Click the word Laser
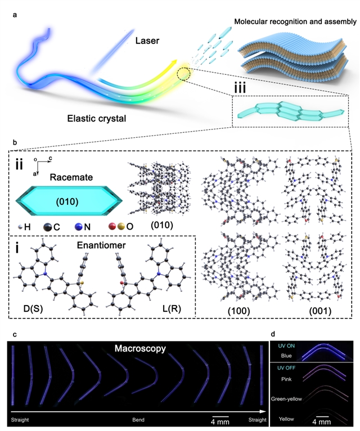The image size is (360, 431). pos(148,41)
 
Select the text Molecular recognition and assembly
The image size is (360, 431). pos(295,23)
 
